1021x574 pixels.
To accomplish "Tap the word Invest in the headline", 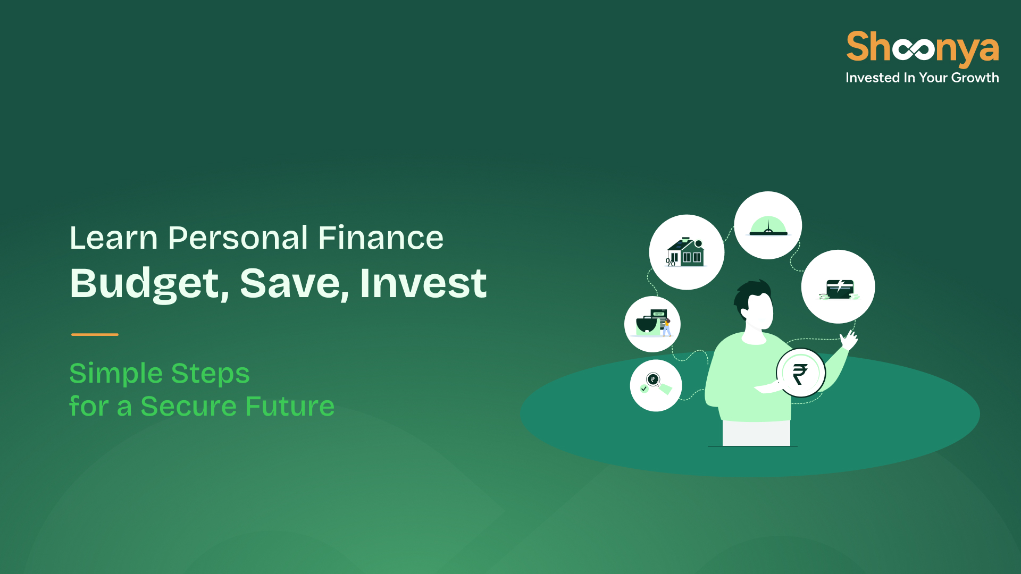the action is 423,283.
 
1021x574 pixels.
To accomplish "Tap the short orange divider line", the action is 95,334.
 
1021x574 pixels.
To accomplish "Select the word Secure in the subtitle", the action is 188,407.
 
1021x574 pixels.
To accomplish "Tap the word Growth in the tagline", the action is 975,78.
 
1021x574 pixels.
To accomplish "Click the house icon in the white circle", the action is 686,252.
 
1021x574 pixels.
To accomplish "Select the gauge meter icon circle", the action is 768,225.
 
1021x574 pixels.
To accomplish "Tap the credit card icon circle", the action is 838,286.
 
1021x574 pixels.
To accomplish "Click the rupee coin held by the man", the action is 801,373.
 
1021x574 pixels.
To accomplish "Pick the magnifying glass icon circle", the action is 656,385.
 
